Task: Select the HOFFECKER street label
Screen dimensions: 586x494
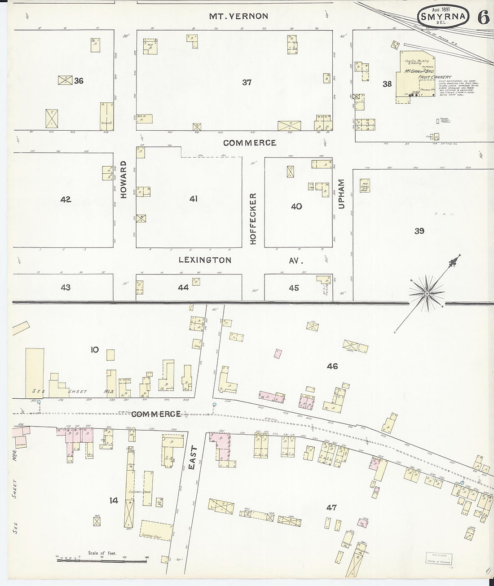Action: pyautogui.click(x=253, y=219)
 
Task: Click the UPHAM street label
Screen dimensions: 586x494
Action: pyautogui.click(x=341, y=194)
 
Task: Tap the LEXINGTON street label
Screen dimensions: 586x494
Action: pyautogui.click(x=205, y=260)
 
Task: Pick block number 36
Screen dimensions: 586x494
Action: pyautogui.click(x=79, y=81)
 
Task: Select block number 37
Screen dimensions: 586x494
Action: pyautogui.click(x=247, y=82)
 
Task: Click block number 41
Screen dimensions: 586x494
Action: pyautogui.click(x=193, y=198)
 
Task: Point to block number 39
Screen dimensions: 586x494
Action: pyautogui.click(x=419, y=231)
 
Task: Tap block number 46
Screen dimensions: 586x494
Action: pyautogui.click(x=332, y=366)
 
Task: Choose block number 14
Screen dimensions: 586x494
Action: pyautogui.click(x=114, y=500)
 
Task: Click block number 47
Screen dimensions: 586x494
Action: pyautogui.click(x=331, y=508)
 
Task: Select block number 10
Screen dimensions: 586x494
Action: pyautogui.click(x=94, y=349)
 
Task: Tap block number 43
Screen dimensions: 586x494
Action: pyautogui.click(x=66, y=287)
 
